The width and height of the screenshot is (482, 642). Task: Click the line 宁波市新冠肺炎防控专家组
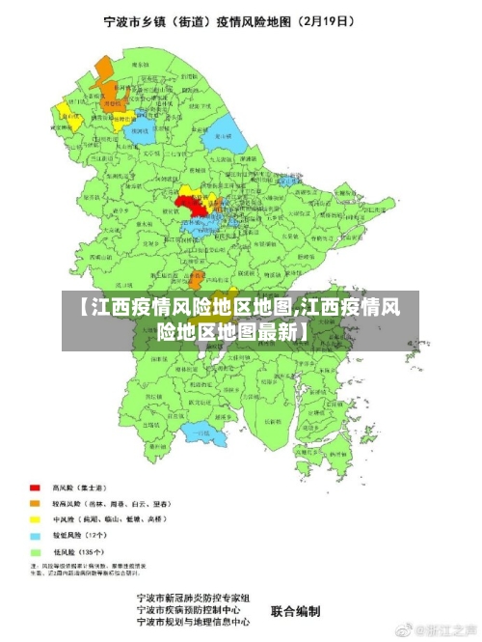pyautogui.click(x=194, y=599)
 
